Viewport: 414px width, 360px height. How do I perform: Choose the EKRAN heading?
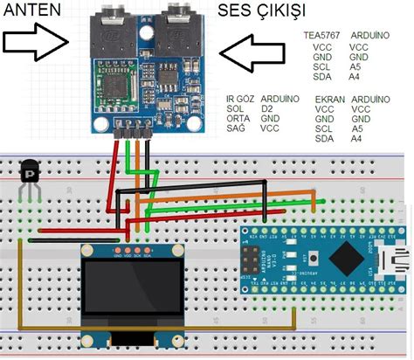pos(330,100)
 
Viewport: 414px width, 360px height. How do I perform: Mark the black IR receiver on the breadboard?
pos(31,172)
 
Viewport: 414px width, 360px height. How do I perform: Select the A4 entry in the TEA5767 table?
pos(354,77)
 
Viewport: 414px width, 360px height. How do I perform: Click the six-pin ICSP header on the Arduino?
pos(258,260)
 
